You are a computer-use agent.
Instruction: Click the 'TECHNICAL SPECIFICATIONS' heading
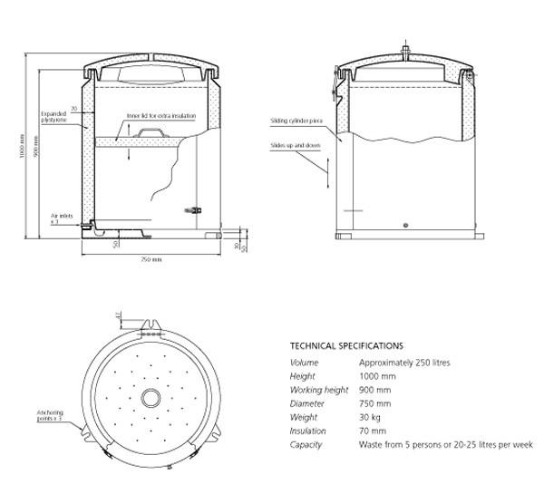click(x=346, y=345)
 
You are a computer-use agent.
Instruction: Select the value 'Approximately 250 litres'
click(x=404, y=363)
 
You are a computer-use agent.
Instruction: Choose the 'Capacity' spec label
click(x=306, y=444)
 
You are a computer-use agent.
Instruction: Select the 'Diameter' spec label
click(x=306, y=403)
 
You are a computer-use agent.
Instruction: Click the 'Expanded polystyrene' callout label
click(x=53, y=119)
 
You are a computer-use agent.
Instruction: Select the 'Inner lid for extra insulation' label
click(x=161, y=116)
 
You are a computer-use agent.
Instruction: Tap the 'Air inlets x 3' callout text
click(x=54, y=218)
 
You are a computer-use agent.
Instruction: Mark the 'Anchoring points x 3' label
click(x=48, y=416)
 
